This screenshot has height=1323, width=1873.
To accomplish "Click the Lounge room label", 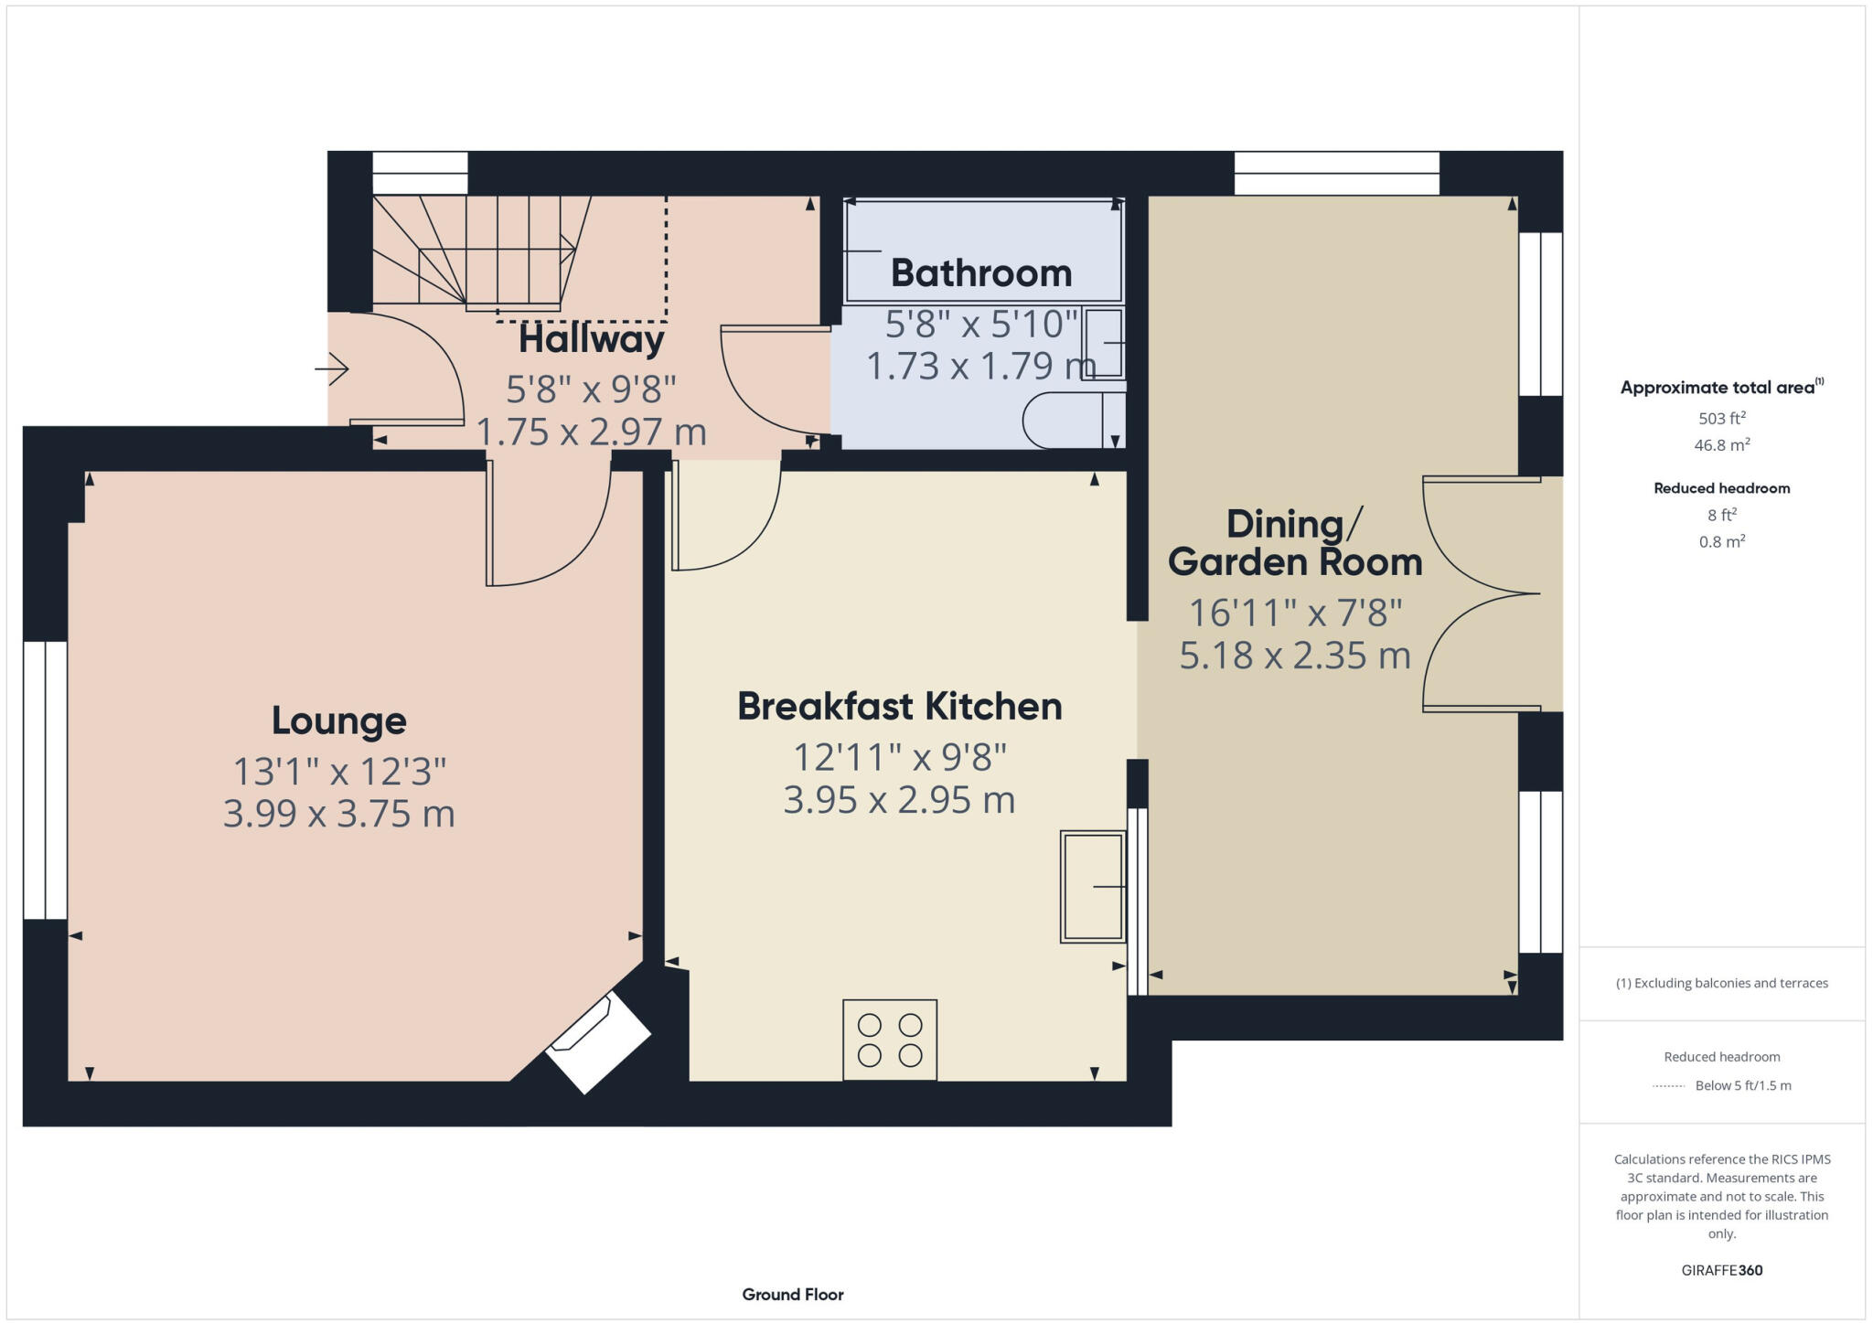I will click(x=338, y=720).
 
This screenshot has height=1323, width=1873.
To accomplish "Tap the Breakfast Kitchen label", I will click(x=899, y=707).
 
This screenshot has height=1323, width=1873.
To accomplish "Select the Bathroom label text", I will click(x=980, y=273).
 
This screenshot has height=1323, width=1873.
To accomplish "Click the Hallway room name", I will click(x=592, y=340).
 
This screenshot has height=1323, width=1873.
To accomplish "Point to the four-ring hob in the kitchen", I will click(x=889, y=1040).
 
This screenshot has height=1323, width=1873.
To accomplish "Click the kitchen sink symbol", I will click(x=1092, y=886).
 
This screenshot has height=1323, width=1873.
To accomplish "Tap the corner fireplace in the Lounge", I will click(x=598, y=1042).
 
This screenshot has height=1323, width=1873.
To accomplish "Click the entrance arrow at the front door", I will click(x=331, y=369).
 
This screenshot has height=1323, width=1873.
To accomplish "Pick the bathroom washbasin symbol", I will click(x=1104, y=343).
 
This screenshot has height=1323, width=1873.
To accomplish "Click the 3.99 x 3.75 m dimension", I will click(x=338, y=814).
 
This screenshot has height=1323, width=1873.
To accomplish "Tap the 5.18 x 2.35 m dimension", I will click(x=1294, y=656).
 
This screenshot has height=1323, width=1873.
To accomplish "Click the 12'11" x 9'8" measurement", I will click(x=899, y=757).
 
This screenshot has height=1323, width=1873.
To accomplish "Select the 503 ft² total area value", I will click(x=1721, y=419).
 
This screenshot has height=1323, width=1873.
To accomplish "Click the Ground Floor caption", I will click(x=792, y=1294).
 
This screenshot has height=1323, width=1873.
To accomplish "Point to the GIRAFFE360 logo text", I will click(x=1721, y=1270).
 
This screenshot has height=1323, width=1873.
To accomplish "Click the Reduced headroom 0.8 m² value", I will click(x=1721, y=541).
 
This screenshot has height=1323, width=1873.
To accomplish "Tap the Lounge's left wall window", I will click(x=45, y=780).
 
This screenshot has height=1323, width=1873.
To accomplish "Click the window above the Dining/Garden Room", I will click(x=1336, y=173).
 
